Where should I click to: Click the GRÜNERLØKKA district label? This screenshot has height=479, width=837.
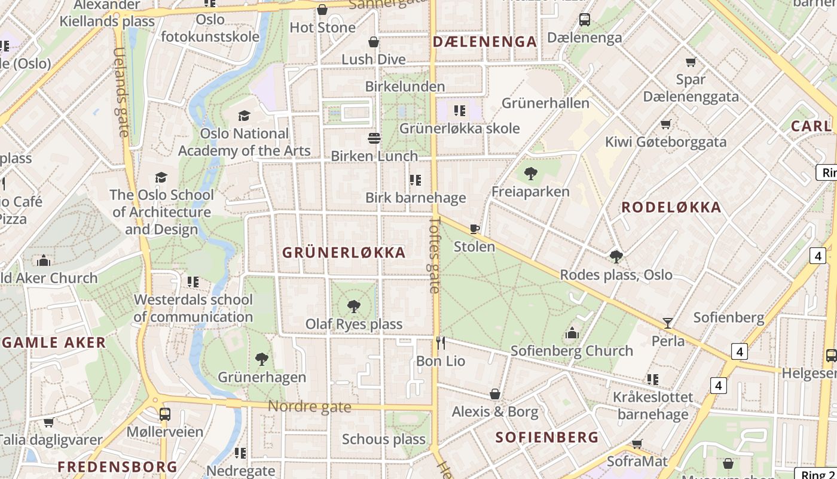pyautogui.click(x=344, y=253)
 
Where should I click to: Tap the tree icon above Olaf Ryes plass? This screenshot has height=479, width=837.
pyautogui.click(x=354, y=307)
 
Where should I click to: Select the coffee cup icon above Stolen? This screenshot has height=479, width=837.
pyautogui.click(x=475, y=229)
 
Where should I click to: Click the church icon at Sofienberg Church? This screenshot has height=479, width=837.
pyautogui.click(x=572, y=333)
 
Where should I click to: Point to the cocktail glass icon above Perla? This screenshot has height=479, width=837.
pyautogui.click(x=668, y=323)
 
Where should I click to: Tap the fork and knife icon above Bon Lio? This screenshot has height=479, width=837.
pyautogui.click(x=441, y=343)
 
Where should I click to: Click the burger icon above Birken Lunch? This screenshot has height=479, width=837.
pyautogui.click(x=374, y=138)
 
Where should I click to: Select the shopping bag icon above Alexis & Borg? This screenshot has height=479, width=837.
pyautogui.click(x=495, y=394)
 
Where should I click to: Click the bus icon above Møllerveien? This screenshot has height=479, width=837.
pyautogui.click(x=164, y=414)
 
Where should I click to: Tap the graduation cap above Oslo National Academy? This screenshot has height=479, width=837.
pyautogui.click(x=244, y=116)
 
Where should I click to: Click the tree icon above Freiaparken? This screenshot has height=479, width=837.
pyautogui.click(x=530, y=174)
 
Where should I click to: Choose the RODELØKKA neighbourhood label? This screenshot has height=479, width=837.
pyautogui.click(x=671, y=208)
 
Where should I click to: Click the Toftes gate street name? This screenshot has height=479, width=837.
pyautogui.click(x=435, y=254)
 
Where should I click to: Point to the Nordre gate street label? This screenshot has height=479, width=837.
pyautogui.click(x=309, y=407)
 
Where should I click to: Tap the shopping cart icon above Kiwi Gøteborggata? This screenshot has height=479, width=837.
pyautogui.click(x=665, y=125)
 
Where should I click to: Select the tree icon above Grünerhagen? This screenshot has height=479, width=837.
pyautogui.click(x=261, y=359)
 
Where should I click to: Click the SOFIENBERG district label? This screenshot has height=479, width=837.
pyautogui.click(x=547, y=437)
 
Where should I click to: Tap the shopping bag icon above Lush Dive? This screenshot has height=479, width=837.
pyautogui.click(x=374, y=42)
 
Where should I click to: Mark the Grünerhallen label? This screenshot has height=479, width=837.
pyautogui.click(x=545, y=103)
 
